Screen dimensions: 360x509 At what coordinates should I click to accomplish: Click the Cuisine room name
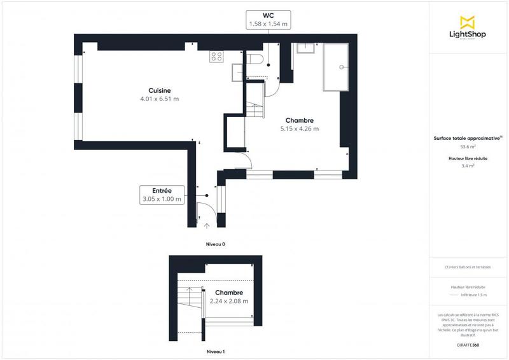(159, 90)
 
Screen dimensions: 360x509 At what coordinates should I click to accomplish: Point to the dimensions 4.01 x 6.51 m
(159, 99)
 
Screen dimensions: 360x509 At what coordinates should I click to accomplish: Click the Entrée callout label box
(162, 195)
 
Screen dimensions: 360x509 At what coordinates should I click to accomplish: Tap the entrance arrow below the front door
(206, 225)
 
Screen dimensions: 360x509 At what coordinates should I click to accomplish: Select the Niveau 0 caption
(215, 244)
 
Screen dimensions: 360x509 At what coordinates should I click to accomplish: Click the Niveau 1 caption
(215, 351)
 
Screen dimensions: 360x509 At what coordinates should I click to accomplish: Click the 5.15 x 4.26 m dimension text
(299, 129)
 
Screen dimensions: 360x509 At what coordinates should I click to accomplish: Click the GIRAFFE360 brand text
(468, 344)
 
